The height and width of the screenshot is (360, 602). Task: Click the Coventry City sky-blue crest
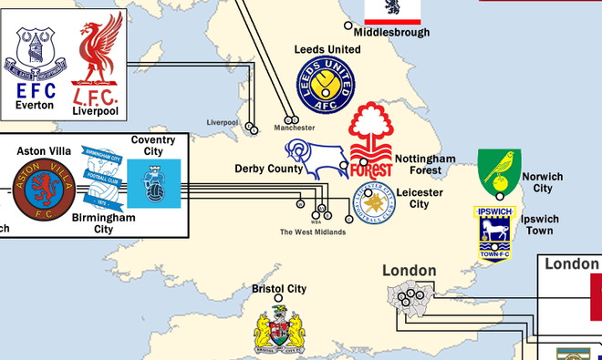[x=153, y=186]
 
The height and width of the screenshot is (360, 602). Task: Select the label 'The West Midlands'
[x=313, y=232]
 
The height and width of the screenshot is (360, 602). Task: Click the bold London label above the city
[x=409, y=270]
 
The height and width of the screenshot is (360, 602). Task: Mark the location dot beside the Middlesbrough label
[x=347, y=26]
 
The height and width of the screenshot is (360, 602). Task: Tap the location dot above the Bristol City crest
[x=278, y=299]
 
